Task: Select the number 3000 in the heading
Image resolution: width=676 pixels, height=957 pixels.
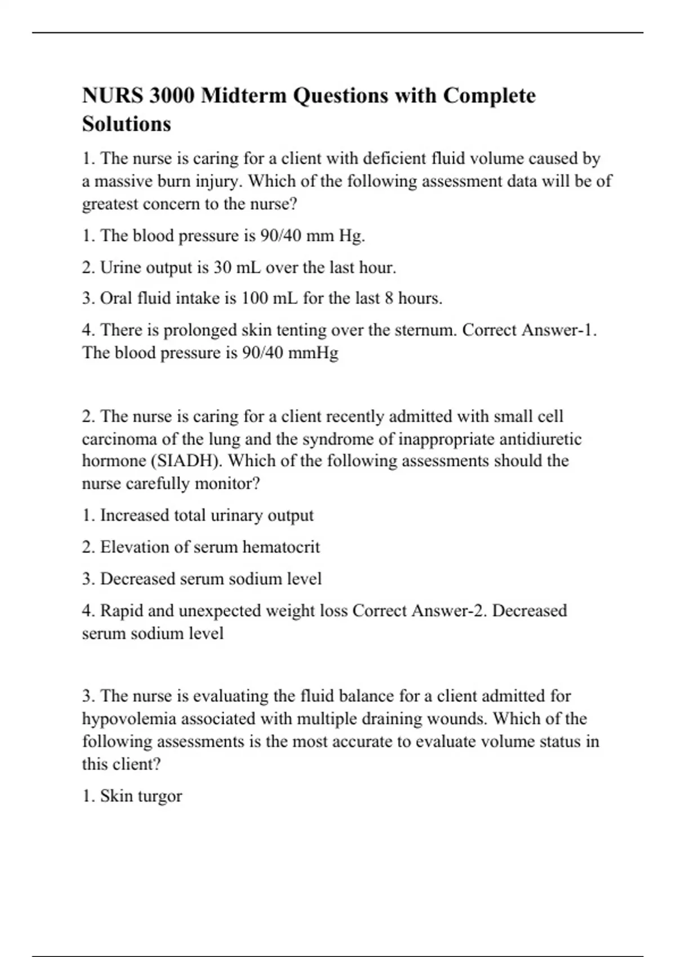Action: point(172,96)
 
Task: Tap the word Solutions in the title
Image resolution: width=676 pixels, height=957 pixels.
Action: point(126,124)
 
